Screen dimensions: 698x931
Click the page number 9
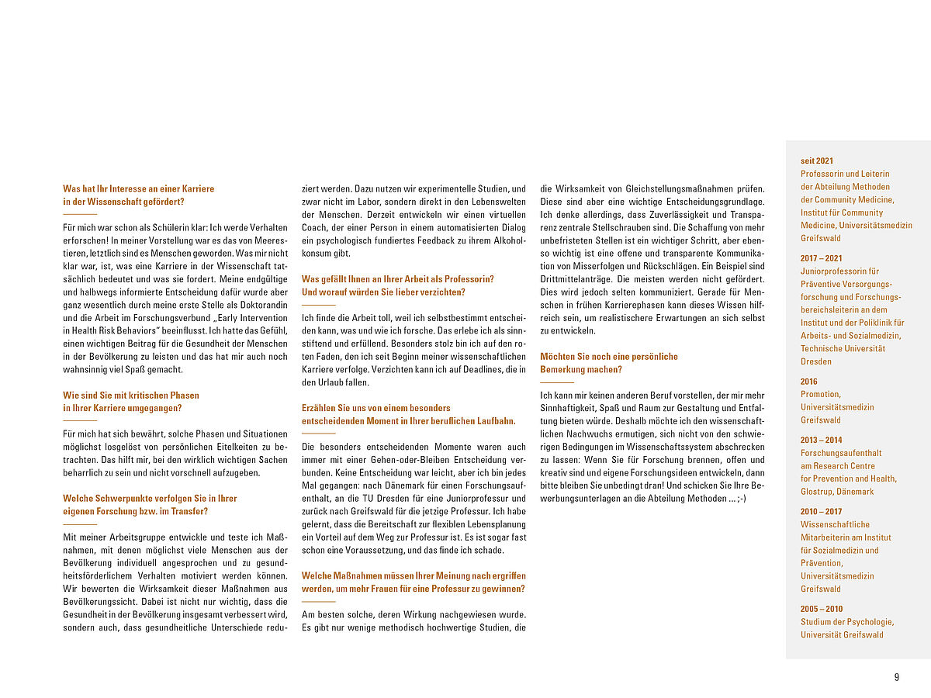click(x=896, y=677)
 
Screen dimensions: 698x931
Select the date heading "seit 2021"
click(x=817, y=161)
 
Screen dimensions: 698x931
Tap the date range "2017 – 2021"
click(x=821, y=258)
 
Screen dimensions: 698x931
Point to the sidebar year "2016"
click(x=808, y=382)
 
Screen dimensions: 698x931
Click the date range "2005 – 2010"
click(x=822, y=609)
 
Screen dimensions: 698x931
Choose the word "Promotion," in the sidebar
click(x=820, y=394)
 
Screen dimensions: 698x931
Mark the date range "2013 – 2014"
click(x=821, y=440)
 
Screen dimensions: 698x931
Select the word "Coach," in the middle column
click(x=317, y=227)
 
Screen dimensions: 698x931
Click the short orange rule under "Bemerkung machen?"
click(x=556, y=382)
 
